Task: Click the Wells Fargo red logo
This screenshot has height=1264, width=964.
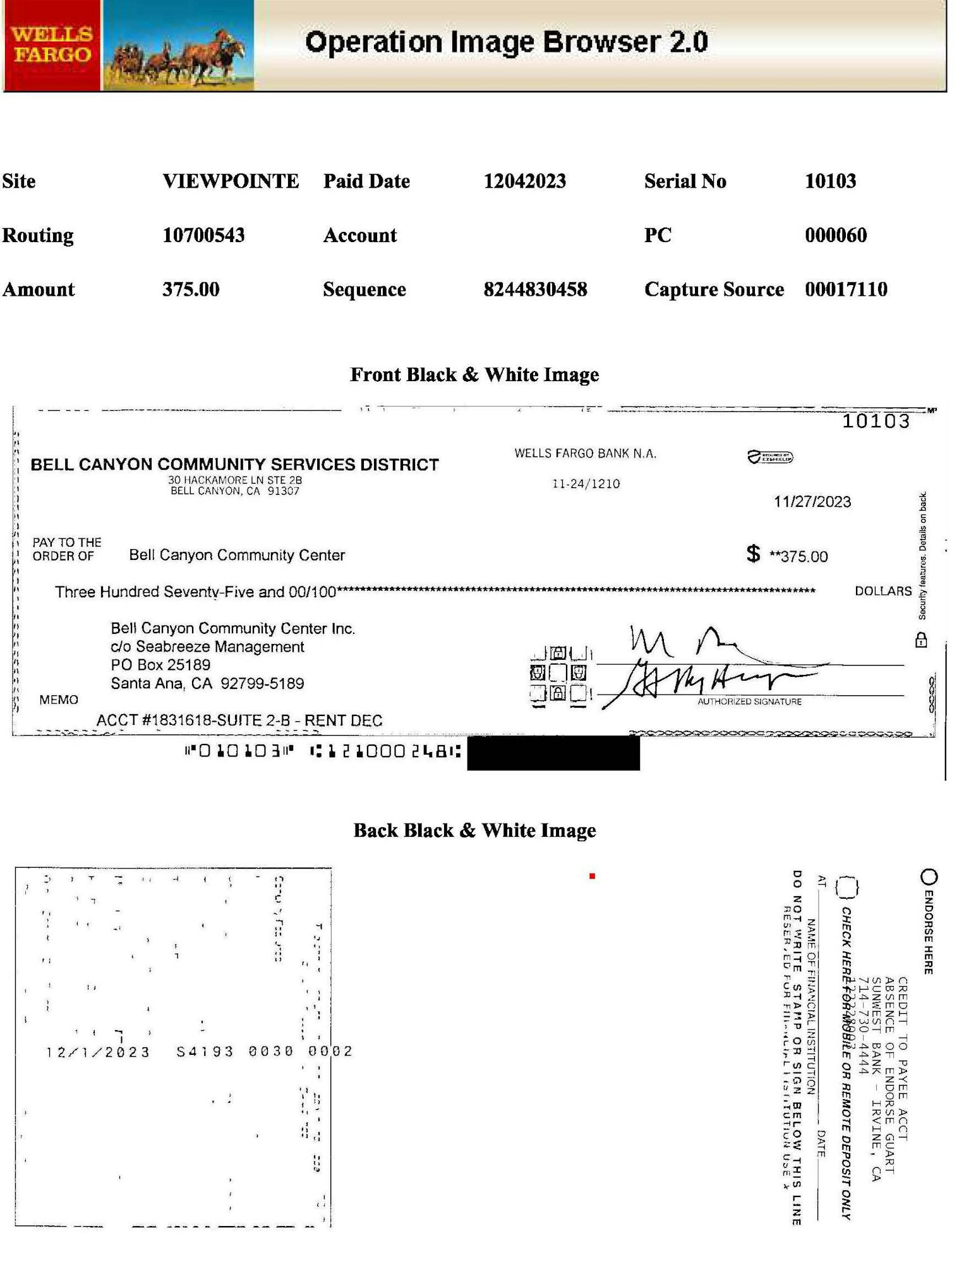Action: (x=52, y=45)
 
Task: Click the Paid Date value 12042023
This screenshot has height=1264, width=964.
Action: (x=524, y=181)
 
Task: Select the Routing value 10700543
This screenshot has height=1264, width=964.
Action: (x=203, y=235)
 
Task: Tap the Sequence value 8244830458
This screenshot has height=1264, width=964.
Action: (x=535, y=289)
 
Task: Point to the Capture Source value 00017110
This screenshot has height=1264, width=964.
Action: (x=846, y=289)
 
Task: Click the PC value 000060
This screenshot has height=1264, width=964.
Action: (x=835, y=235)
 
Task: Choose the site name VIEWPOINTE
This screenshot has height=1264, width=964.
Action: (x=231, y=181)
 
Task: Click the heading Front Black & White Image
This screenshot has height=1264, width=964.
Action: (x=474, y=375)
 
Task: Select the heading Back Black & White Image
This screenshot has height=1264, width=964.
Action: (x=474, y=830)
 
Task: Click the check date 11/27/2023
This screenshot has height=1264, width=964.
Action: (x=812, y=502)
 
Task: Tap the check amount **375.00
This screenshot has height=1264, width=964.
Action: (x=798, y=557)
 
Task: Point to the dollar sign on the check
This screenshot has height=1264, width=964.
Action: (x=753, y=554)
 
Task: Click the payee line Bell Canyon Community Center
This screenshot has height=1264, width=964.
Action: (x=237, y=556)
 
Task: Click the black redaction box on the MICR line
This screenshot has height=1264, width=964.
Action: (x=553, y=753)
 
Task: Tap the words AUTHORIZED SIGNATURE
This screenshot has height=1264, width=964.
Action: (x=749, y=702)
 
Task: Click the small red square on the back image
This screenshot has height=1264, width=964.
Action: (x=592, y=876)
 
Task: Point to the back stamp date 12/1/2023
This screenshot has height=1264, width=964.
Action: (x=98, y=1052)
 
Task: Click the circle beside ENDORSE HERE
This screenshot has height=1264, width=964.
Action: (x=929, y=877)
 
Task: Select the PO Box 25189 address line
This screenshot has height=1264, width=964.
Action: (x=160, y=665)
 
